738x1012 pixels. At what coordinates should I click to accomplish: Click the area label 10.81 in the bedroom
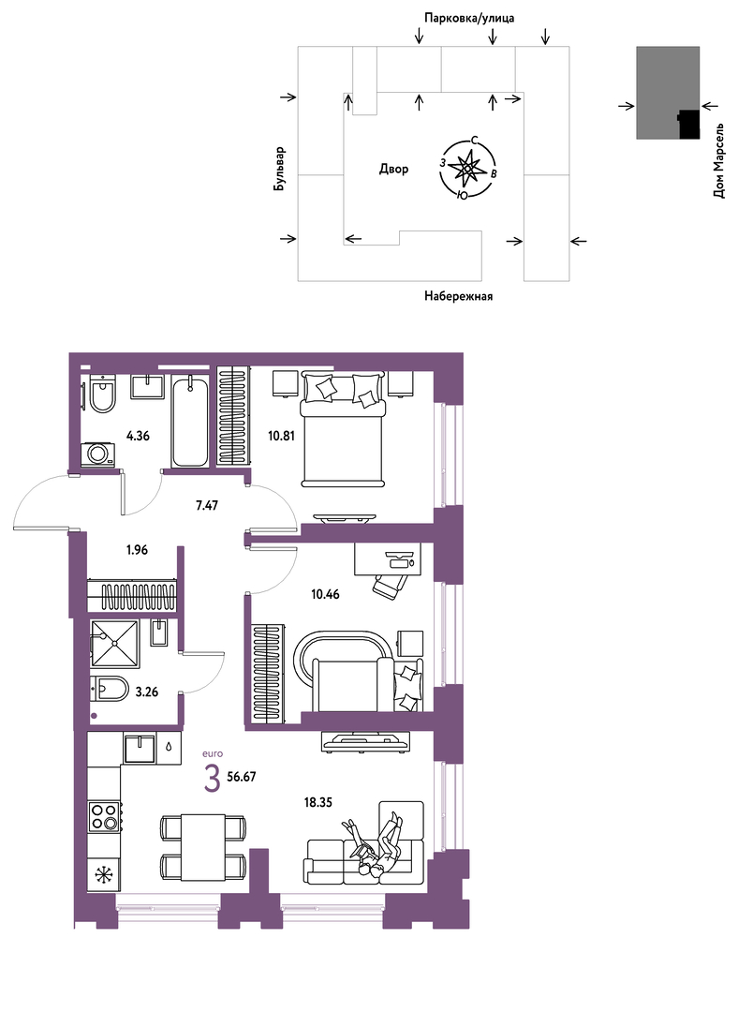pyautogui.click(x=281, y=436)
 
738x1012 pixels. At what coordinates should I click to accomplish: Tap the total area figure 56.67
pyautogui.click(x=242, y=777)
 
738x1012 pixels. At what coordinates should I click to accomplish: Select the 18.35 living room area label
pyautogui.click(x=318, y=803)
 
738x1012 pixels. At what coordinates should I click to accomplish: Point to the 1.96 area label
pyautogui.click(x=137, y=550)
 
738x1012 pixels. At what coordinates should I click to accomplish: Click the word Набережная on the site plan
pyautogui.click(x=459, y=296)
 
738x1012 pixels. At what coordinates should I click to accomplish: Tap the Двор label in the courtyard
pyautogui.click(x=393, y=169)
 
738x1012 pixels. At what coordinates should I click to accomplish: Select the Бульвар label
pyautogui.click(x=279, y=169)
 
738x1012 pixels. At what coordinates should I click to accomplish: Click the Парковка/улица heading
pyautogui.click(x=469, y=18)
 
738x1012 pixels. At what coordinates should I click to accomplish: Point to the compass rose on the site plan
pyautogui.click(x=467, y=169)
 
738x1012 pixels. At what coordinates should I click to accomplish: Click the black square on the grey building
pyautogui.click(x=689, y=124)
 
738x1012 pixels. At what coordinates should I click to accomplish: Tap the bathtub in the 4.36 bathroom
pyautogui.click(x=190, y=420)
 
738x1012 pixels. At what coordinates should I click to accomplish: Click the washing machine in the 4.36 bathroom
pyautogui.click(x=98, y=454)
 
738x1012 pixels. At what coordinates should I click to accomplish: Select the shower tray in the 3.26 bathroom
pyautogui.click(x=115, y=644)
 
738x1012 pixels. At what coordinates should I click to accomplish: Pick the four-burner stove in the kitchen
pyautogui.click(x=105, y=814)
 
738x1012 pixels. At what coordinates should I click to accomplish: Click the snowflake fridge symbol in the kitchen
pyautogui.click(x=103, y=875)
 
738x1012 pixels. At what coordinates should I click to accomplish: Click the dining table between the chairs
pyautogui.click(x=202, y=847)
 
